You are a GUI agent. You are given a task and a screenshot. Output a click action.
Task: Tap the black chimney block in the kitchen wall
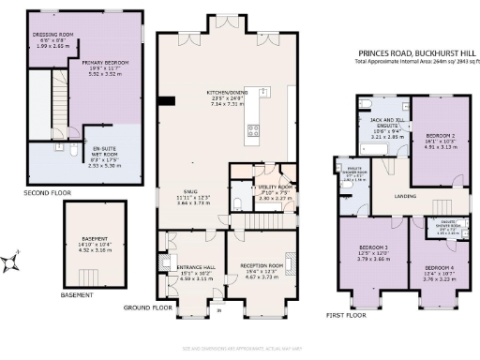click(x=166, y=100)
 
